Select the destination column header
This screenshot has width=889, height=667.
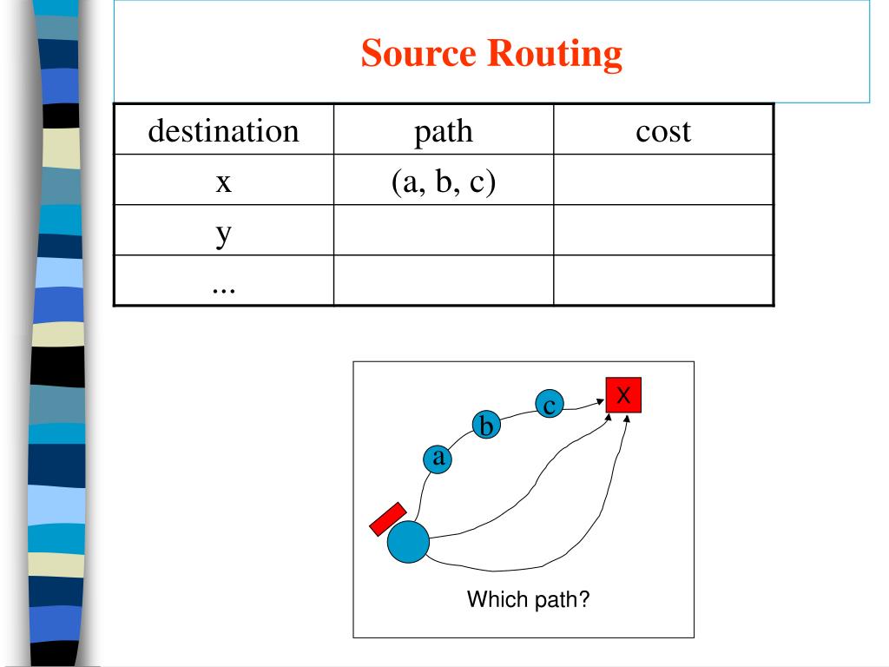pyautogui.click(x=223, y=131)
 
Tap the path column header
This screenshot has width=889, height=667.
pyautogui.click(x=443, y=131)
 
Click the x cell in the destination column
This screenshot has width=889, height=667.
pyautogui.click(x=223, y=181)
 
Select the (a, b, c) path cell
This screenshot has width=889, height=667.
pyautogui.click(x=443, y=181)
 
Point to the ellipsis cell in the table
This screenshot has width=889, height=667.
pyautogui.click(x=223, y=281)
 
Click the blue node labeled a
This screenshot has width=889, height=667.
pyautogui.click(x=438, y=458)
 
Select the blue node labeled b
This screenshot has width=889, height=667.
pyautogui.click(x=487, y=426)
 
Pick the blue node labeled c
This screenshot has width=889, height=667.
pyautogui.click(x=549, y=405)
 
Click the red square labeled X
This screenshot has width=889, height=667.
pyautogui.click(x=623, y=396)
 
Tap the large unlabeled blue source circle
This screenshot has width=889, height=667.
pyautogui.click(x=408, y=542)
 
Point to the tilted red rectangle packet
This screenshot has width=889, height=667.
pyautogui.click(x=387, y=518)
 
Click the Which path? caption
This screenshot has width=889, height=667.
pyautogui.click(x=528, y=599)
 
